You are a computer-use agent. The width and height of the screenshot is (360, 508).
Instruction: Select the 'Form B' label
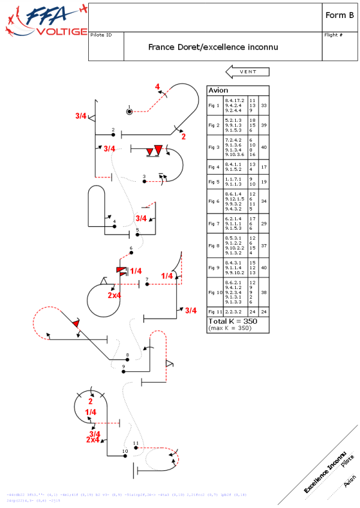339,16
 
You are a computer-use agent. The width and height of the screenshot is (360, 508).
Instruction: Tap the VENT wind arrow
247,72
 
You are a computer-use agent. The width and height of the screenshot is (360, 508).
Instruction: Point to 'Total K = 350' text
232,321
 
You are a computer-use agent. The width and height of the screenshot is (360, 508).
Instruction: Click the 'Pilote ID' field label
101,35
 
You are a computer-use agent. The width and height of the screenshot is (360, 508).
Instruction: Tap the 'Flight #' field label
333,35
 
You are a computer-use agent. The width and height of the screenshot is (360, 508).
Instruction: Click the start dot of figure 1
129,111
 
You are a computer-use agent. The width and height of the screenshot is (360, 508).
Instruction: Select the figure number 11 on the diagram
136,443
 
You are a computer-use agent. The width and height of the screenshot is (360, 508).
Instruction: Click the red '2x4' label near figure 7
115,295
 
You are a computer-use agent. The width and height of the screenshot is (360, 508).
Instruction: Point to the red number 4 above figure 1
158,87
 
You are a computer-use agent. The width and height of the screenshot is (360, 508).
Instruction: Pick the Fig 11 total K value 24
264,311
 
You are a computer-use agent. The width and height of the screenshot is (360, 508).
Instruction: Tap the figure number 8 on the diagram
127,354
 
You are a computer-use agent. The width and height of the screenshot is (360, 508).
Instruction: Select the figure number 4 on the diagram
114,221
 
